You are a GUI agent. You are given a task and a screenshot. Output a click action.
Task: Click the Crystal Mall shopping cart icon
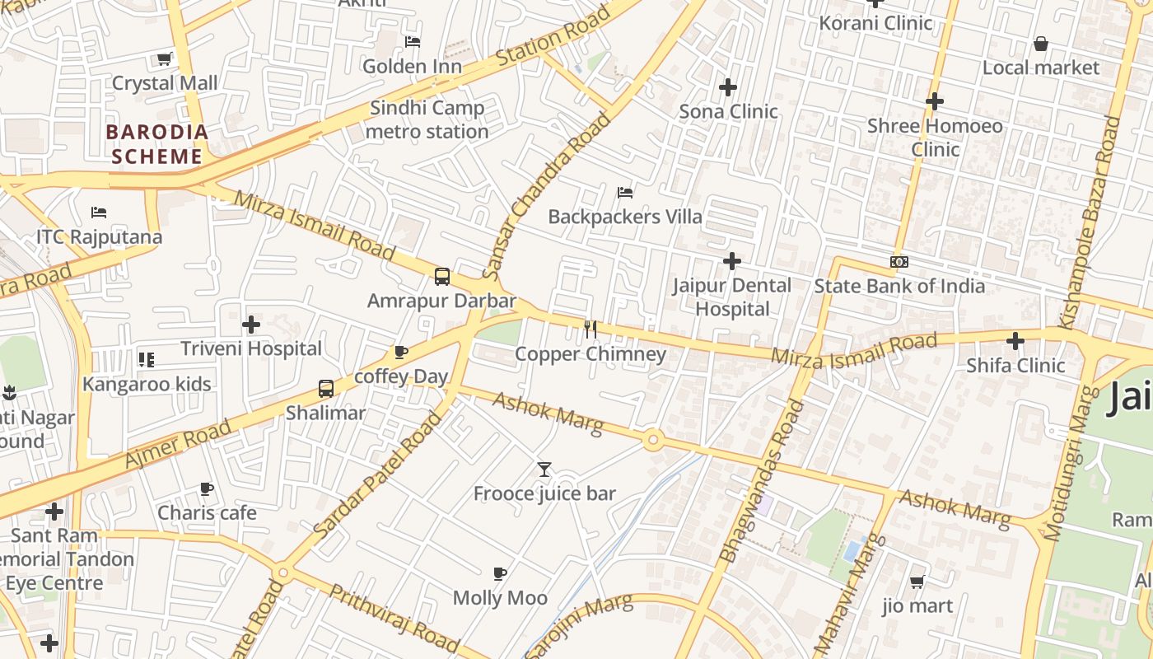(x=164, y=58)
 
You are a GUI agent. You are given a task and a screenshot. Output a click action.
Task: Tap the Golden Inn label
(x=412, y=66)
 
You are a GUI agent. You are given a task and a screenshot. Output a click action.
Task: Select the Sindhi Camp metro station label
(x=427, y=119)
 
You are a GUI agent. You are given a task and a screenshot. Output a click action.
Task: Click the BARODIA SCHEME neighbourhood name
(x=156, y=144)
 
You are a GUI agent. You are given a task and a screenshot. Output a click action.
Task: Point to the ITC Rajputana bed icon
(x=99, y=213)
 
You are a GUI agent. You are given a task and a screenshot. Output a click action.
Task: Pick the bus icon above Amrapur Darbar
(x=442, y=276)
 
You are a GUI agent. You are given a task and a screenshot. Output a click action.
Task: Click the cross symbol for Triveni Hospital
(x=251, y=325)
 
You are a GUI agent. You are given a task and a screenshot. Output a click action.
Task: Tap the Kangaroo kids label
(x=147, y=384)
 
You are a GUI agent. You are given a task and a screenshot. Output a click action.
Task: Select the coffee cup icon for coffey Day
(x=401, y=353)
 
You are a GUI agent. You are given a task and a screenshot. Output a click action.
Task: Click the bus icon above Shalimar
(x=326, y=388)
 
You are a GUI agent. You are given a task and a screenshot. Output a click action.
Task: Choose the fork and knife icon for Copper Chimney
(x=590, y=329)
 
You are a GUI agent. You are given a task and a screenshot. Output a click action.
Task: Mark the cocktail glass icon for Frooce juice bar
(x=544, y=470)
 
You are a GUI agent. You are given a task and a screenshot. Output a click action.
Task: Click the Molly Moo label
(x=500, y=598)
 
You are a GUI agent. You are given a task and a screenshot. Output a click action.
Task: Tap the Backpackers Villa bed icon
(x=625, y=193)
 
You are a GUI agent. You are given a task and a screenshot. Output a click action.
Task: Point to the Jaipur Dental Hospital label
(x=732, y=297)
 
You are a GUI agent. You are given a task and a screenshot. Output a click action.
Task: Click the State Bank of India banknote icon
(x=899, y=262)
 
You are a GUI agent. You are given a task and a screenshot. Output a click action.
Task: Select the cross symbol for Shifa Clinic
(x=1015, y=340)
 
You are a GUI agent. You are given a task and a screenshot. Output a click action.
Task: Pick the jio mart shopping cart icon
(x=917, y=582)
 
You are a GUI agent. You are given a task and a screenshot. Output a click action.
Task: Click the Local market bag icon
(x=1041, y=44)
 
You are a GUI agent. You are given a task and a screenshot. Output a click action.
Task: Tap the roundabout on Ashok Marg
(x=653, y=440)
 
